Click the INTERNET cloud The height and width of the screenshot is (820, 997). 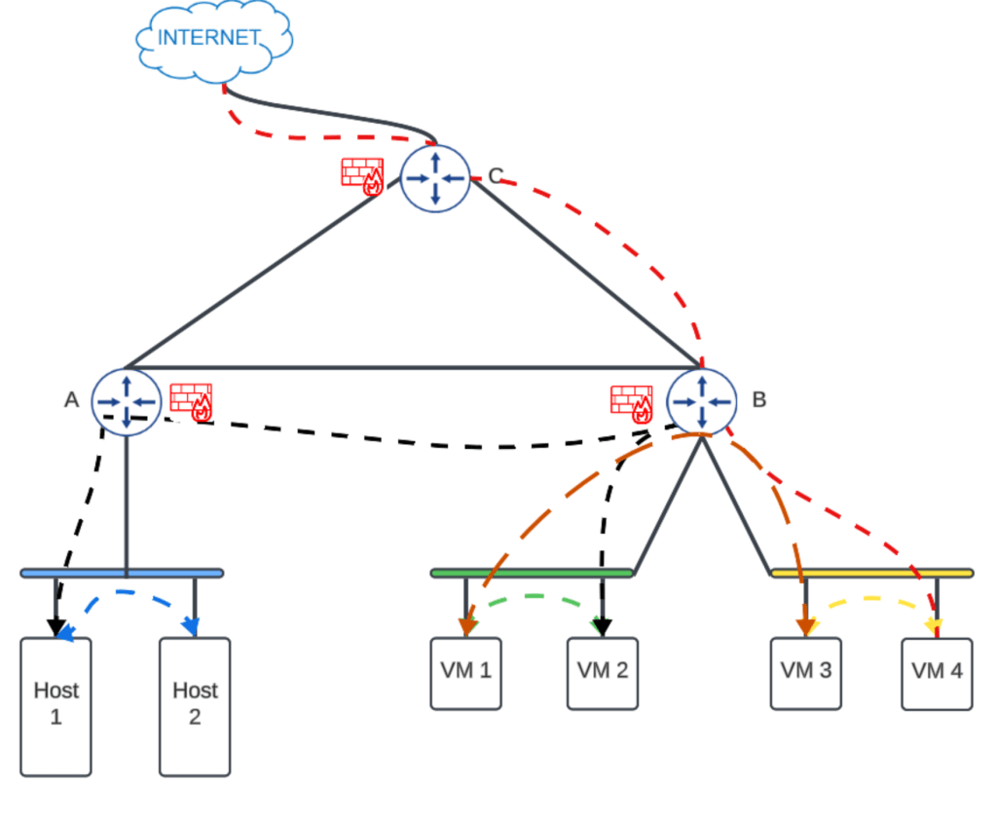pos(212,40)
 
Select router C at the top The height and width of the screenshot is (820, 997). pos(435,176)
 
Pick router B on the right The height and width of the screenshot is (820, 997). pos(701,401)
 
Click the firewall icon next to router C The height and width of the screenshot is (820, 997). pos(362,176)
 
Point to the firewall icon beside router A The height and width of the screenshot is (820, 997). pos(192,401)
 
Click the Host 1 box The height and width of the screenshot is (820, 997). pos(55,706)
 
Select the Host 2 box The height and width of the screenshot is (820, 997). pos(195,706)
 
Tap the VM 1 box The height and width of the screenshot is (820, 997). pos(465,673)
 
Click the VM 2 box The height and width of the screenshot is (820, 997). pos(602,673)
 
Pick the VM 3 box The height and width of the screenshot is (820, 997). pos(805,673)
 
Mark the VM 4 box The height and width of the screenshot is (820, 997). pos(937,673)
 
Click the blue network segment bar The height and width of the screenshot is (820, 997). pos(122,573)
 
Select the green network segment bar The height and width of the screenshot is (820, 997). pos(532,573)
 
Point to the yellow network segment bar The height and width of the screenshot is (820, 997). pos(872,573)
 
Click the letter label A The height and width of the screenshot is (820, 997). pos(71,399)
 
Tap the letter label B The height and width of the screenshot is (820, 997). pos(759,399)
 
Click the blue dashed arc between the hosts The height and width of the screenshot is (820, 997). pos(127,592)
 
